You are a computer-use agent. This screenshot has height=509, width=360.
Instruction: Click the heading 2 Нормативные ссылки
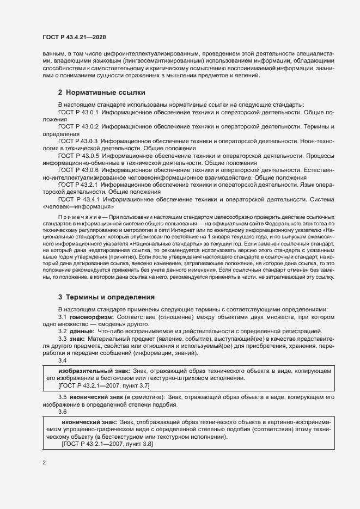(x=101, y=93)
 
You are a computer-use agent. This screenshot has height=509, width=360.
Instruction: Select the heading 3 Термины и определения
(x=106, y=297)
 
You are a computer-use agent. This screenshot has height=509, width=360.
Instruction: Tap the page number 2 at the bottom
(x=44, y=463)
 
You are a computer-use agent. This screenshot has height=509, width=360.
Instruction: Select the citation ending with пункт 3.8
(x=107, y=444)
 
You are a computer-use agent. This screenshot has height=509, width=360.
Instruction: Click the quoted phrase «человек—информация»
(x=77, y=207)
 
